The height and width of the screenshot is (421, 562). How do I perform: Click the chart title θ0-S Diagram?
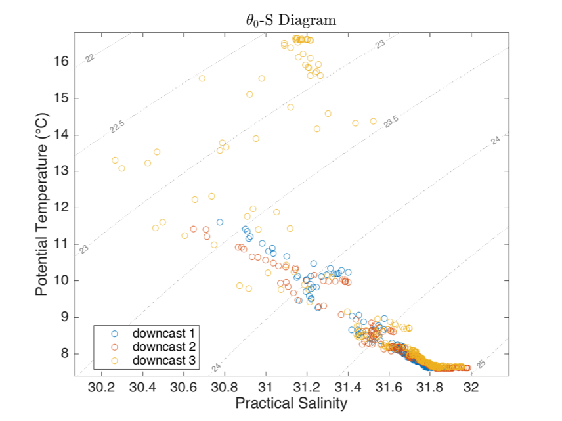[x=286, y=20]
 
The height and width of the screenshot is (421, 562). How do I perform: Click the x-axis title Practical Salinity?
[x=291, y=403]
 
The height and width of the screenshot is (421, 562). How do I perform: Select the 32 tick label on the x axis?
[x=471, y=386]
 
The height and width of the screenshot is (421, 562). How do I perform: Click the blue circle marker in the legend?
[x=115, y=330]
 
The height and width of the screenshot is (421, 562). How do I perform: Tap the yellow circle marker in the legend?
[x=115, y=360]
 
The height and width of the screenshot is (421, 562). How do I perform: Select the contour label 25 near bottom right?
[x=481, y=364]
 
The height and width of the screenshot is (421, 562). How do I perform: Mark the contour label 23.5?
[x=392, y=122]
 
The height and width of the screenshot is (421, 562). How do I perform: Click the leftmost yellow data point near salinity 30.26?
[x=115, y=160]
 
